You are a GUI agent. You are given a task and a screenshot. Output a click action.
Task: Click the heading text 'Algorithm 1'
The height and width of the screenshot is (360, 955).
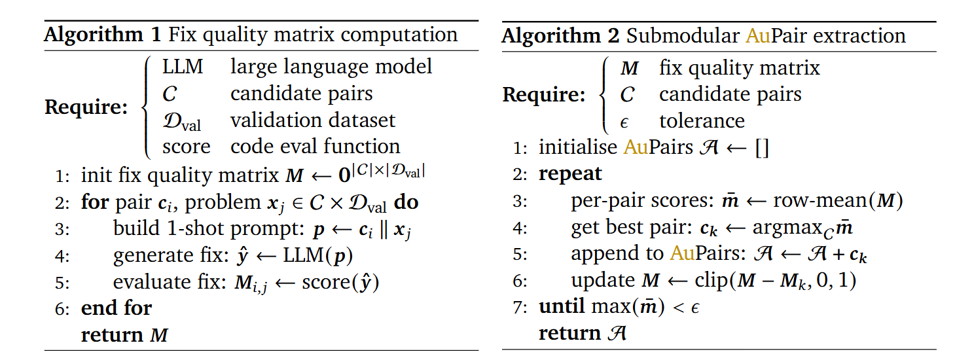103,35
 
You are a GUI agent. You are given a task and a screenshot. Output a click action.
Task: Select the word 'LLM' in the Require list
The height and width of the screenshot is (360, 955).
183,67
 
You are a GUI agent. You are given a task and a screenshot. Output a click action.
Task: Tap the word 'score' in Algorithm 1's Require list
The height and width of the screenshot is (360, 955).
187,147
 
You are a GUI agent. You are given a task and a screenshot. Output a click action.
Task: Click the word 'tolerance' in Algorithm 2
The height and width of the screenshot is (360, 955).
702,121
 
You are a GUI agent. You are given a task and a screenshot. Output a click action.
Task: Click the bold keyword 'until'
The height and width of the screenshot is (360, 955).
562,306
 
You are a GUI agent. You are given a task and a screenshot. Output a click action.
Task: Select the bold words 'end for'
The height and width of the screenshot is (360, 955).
117,308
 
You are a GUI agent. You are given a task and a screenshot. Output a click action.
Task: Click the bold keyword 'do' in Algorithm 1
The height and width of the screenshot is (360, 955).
406,202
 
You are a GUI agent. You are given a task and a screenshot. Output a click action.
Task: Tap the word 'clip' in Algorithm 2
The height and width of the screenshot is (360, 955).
710,281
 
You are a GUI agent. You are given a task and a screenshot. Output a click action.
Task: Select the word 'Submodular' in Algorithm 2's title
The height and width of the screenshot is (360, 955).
683,36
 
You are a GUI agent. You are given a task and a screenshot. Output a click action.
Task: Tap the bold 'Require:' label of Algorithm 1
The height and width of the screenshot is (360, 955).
86,107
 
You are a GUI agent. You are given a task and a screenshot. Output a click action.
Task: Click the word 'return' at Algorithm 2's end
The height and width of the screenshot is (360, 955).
570,334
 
